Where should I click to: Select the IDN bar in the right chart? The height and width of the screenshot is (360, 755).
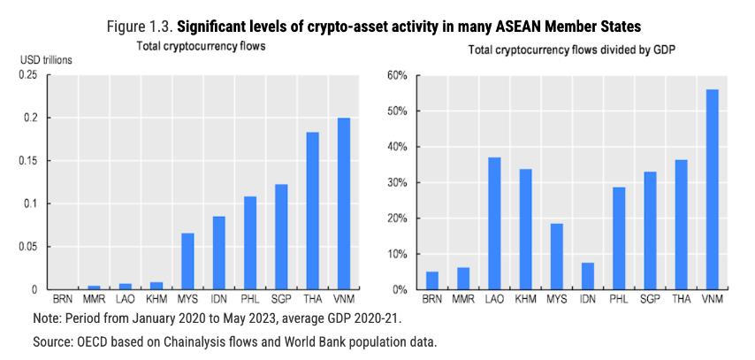(x=587, y=276)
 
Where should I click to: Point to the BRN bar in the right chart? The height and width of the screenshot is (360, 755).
(x=432, y=280)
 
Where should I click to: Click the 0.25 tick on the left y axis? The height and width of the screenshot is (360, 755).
(x=29, y=75)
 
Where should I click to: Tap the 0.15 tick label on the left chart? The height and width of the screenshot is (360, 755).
(x=29, y=161)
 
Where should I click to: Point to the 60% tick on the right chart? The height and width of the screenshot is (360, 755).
(x=397, y=75)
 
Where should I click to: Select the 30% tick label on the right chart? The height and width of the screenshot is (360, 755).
(x=397, y=182)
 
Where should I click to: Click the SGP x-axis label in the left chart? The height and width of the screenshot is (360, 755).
(x=281, y=300)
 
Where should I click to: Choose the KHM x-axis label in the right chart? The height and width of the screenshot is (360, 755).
(x=525, y=300)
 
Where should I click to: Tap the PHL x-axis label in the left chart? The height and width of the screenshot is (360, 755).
(x=250, y=300)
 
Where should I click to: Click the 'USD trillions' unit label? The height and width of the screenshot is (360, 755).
(x=46, y=60)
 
